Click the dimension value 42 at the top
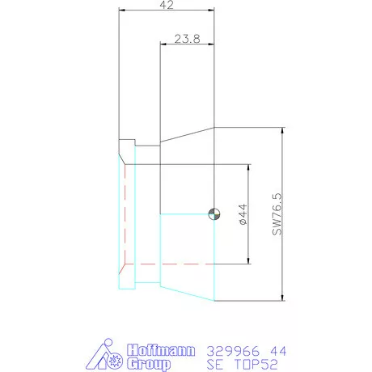click(167, 6)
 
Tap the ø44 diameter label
click(242, 213)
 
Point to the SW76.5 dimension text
click(277, 213)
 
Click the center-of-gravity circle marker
click(213, 213)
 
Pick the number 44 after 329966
click(276, 351)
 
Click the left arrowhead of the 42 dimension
click(122, 11)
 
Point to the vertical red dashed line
click(125, 214)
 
